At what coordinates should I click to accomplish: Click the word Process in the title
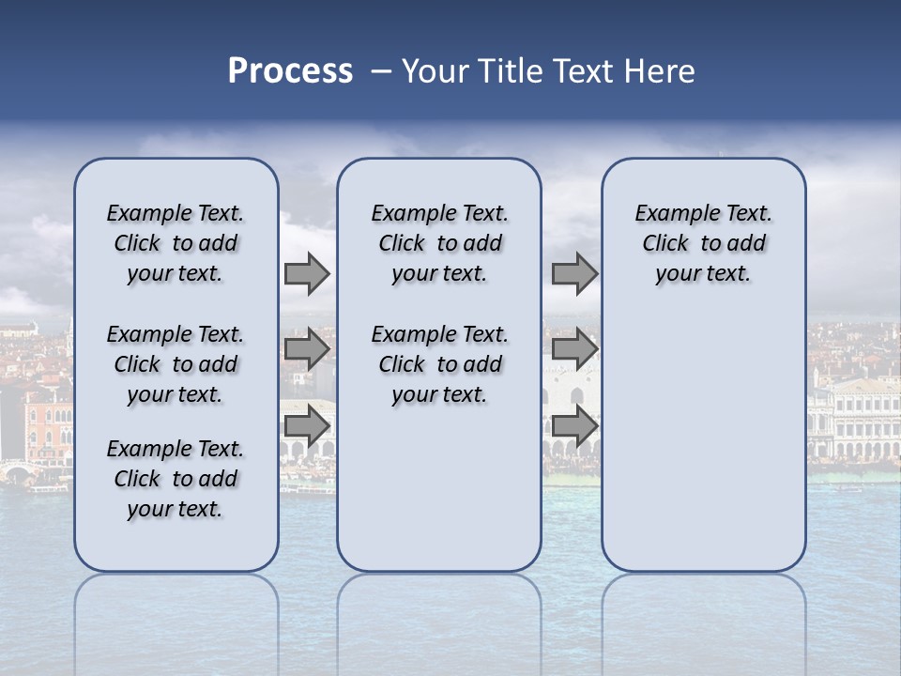290,71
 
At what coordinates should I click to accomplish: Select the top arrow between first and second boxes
306,274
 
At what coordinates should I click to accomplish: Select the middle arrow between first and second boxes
306,350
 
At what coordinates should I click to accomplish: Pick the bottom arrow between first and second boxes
306,425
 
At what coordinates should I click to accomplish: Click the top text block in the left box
176,243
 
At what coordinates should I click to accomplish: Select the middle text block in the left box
176,364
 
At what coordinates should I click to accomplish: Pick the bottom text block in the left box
176,479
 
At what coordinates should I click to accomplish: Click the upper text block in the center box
439,243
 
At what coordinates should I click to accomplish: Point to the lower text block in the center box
439,364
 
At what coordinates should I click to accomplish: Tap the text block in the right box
703,243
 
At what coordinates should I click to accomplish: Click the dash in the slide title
380,71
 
